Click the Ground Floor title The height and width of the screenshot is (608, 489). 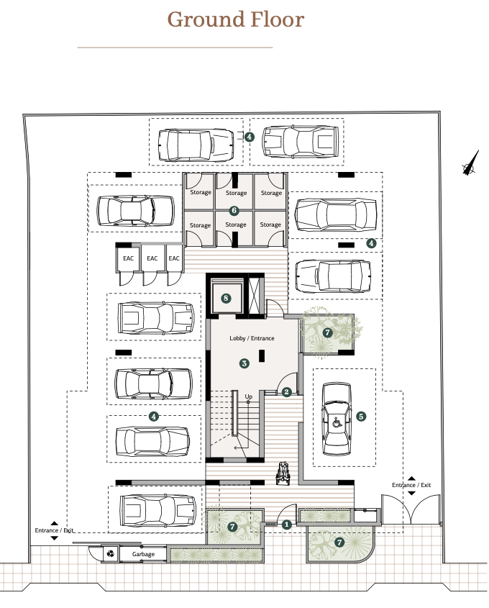pyautogui.click(x=236, y=19)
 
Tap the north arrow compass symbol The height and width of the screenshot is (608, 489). pyautogui.click(x=470, y=163)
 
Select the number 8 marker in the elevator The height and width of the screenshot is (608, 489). pyautogui.click(x=226, y=299)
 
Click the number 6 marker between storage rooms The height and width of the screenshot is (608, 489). pyautogui.click(x=234, y=211)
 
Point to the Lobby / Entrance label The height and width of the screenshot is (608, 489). pyautogui.click(x=252, y=338)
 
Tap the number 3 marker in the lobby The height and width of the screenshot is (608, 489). pyautogui.click(x=244, y=363)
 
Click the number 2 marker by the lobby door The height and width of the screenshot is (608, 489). pyautogui.click(x=286, y=392)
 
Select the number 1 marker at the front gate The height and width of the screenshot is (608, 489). pyautogui.click(x=286, y=525)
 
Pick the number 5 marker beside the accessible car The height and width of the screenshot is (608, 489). pyautogui.click(x=361, y=417)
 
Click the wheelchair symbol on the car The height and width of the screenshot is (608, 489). pyautogui.click(x=337, y=421)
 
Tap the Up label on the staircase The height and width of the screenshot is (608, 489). pyautogui.click(x=248, y=396)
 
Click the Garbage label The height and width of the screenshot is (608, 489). pyautogui.click(x=143, y=554)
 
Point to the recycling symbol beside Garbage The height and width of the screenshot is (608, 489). pyautogui.click(x=111, y=554)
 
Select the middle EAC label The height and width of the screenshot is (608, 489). pyautogui.click(x=152, y=258)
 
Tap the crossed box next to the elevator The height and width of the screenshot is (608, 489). pyautogui.click(x=255, y=296)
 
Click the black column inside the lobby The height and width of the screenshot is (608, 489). pyautogui.click(x=262, y=355)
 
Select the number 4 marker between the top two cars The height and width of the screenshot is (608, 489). pyautogui.click(x=249, y=137)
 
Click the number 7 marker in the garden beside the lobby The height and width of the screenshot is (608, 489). pyautogui.click(x=328, y=332)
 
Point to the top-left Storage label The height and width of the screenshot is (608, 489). pyautogui.click(x=201, y=192)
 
